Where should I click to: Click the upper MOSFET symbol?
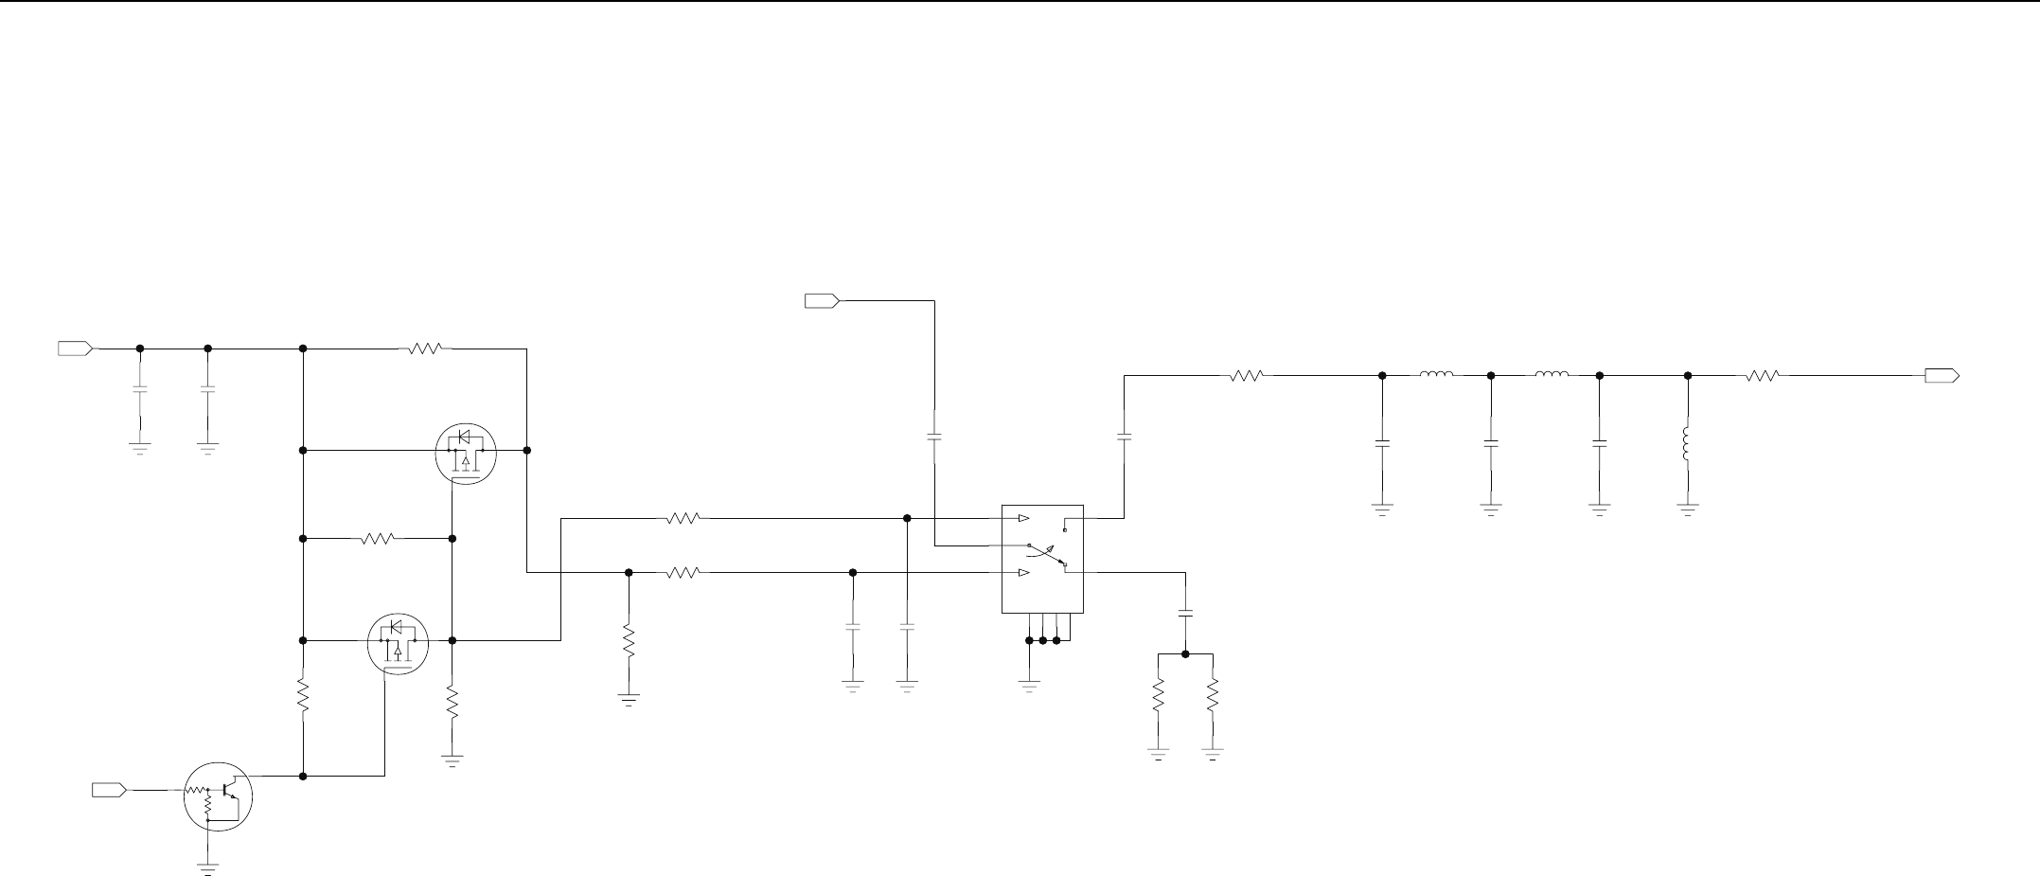tap(466, 453)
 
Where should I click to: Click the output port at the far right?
tap(1942, 376)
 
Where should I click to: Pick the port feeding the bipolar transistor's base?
tap(109, 789)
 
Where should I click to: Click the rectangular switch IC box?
tap(1042, 558)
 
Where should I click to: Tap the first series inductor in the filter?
tap(1436, 375)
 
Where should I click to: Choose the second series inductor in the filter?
tap(1551, 375)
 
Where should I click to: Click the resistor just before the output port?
tap(1762, 376)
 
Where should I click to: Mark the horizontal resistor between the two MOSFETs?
tap(378, 539)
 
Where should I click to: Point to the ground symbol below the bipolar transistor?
tap(207, 867)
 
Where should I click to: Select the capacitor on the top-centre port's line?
tap(934, 437)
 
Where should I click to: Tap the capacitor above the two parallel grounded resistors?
tap(1185, 614)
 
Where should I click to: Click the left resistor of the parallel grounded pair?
tap(1158, 697)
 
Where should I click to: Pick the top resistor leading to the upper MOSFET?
tap(425, 349)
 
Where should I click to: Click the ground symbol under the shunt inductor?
tap(1688, 508)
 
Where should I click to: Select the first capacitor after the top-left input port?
tap(140, 389)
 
